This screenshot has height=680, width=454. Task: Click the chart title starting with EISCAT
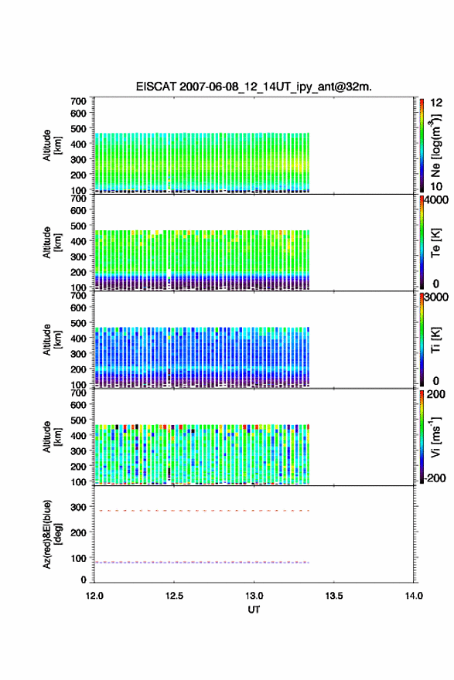254,87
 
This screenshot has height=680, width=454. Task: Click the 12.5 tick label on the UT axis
174,596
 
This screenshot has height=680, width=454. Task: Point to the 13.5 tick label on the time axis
334,596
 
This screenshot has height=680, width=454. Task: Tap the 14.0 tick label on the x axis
414,596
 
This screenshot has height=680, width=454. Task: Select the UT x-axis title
254,610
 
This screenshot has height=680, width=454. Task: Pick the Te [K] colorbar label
435,243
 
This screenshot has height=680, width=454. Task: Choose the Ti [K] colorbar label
435,340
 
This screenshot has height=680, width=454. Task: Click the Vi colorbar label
435,437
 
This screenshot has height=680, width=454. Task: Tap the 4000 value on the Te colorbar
436,200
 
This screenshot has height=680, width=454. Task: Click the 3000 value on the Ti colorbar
436,297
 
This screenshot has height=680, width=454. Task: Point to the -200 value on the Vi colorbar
435,478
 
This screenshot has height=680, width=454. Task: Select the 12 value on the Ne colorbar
436,103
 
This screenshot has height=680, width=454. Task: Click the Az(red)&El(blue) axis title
52,534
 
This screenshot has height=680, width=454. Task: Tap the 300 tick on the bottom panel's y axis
78,507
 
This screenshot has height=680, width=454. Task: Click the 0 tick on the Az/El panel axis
84,580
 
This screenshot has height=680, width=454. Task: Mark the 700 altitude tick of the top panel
78,101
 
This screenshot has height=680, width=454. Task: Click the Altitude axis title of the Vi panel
52,437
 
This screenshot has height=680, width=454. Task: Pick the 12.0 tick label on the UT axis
94,596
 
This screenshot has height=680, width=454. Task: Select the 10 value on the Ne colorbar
436,186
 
